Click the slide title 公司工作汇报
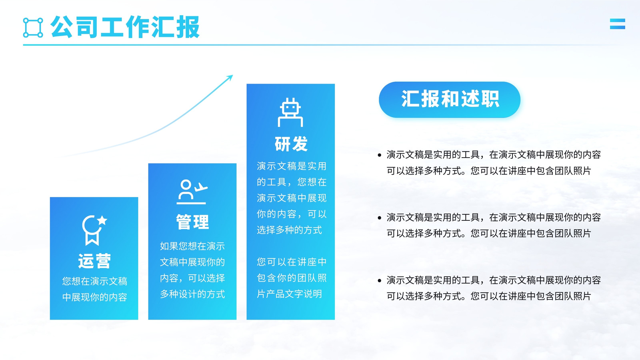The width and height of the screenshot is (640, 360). point(125,27)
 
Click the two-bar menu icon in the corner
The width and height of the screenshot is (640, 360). point(618,24)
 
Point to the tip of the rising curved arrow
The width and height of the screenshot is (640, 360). point(233,76)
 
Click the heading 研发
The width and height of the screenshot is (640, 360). point(291,144)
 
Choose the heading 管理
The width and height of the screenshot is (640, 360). point(192,222)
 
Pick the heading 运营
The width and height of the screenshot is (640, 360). point(94,261)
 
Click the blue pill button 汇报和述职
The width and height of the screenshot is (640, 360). point(450,100)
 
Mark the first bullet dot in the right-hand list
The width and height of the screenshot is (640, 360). point(380,155)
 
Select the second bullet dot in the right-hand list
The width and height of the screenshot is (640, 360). point(380,218)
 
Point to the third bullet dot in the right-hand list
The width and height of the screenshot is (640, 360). point(380,280)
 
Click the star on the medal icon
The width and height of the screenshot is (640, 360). point(102,220)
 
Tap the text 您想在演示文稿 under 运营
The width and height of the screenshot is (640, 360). point(94,282)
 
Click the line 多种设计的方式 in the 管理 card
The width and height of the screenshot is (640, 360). point(192,294)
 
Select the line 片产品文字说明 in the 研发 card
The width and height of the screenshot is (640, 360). point(289,294)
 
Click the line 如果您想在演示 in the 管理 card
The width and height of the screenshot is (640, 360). point(192,246)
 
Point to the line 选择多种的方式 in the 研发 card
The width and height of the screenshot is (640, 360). point(289,230)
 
